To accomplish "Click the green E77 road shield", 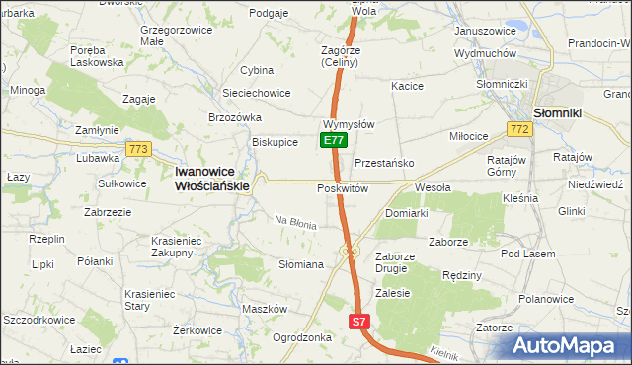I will (334, 141).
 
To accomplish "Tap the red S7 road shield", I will (359, 322).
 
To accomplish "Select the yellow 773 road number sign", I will (138, 149).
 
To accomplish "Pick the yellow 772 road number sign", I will (517, 129).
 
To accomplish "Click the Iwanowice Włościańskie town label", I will (212, 177).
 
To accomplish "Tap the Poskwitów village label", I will (343, 188).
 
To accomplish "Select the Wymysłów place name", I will (349, 125).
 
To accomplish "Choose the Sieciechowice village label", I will (257, 93).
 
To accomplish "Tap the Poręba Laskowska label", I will (97, 56).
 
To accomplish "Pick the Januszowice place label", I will (485, 31).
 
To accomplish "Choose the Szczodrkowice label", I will (40, 322).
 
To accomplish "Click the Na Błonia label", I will (295, 223).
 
